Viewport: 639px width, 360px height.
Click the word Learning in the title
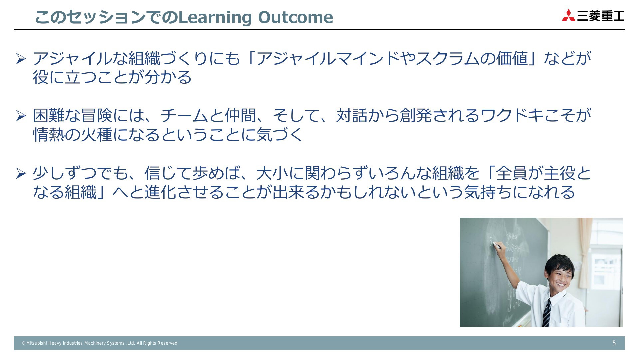(x=215, y=18)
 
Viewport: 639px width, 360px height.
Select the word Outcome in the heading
(x=296, y=17)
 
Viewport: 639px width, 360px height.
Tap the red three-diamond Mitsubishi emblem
(x=568, y=15)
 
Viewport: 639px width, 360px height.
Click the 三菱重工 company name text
(x=601, y=16)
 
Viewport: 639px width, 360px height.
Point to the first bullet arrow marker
(x=21, y=59)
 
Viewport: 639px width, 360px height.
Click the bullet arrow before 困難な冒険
(x=21, y=116)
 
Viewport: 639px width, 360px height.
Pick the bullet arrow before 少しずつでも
(x=21, y=173)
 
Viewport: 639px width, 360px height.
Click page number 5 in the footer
(x=614, y=343)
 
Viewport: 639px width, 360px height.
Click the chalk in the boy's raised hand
(x=497, y=246)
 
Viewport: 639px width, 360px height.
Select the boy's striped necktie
(x=546, y=313)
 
